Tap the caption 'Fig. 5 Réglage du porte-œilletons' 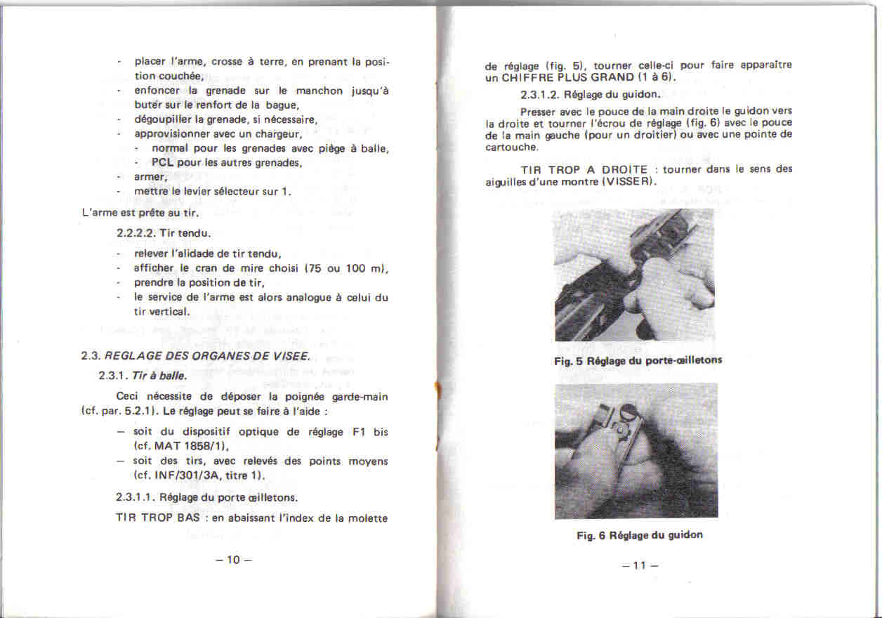click(x=638, y=360)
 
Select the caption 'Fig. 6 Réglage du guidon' click(x=640, y=535)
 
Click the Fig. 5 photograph click(x=633, y=275)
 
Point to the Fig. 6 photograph click(x=636, y=451)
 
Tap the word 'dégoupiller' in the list click(x=164, y=119)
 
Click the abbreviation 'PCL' click(x=164, y=163)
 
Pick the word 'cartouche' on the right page click(x=511, y=147)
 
